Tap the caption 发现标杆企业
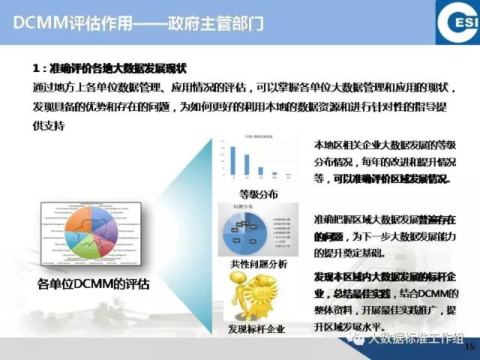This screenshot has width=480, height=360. (256, 329)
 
